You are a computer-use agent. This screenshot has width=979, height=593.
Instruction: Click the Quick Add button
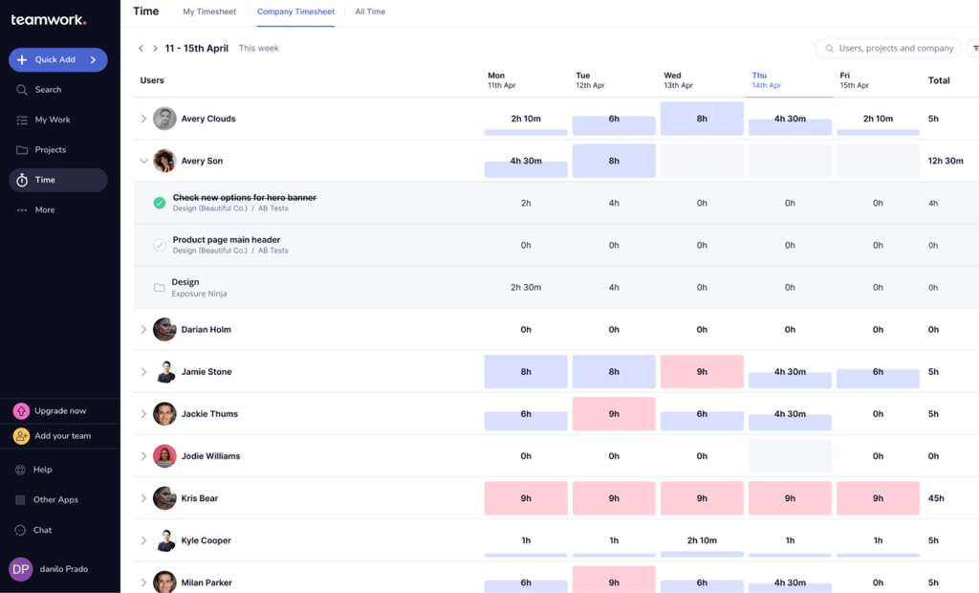(57, 59)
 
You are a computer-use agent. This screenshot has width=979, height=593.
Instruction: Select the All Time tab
(370, 11)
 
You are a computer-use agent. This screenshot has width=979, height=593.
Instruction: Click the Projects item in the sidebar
(51, 150)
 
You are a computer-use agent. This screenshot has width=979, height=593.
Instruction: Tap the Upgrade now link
(59, 411)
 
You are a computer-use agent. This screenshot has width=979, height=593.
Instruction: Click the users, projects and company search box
(889, 48)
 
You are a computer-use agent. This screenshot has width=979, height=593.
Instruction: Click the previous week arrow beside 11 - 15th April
(141, 48)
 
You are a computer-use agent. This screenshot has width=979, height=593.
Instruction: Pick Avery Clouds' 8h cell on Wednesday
(702, 119)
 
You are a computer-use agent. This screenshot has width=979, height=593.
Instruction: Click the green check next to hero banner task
(160, 203)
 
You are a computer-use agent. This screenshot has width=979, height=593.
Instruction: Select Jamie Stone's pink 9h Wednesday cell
(702, 372)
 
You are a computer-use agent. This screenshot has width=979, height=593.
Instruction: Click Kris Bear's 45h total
(936, 498)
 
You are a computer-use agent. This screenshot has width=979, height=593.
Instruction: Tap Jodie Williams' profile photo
(164, 456)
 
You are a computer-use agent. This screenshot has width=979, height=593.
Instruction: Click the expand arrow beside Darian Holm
(143, 330)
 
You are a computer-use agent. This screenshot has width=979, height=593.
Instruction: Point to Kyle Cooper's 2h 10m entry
(702, 540)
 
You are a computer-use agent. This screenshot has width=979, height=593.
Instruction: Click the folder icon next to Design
(160, 287)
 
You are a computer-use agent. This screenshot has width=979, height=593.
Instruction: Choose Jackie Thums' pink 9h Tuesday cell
(614, 414)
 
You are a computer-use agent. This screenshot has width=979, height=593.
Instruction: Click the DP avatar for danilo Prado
(20, 569)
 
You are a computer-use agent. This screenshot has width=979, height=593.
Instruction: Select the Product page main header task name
(227, 240)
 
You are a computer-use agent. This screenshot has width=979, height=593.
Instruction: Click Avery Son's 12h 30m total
(946, 161)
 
